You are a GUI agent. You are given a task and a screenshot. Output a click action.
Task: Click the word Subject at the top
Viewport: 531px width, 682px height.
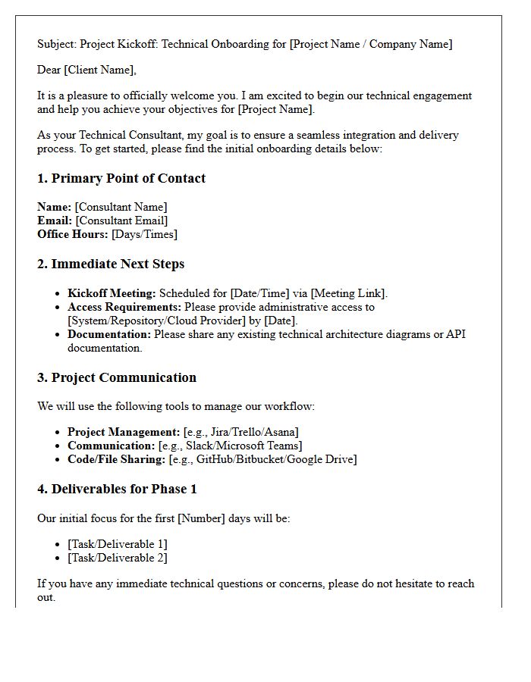(57, 44)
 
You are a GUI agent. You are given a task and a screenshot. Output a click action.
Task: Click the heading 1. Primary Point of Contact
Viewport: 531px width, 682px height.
(121, 179)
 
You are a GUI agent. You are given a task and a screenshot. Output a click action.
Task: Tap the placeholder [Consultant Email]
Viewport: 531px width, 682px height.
(121, 221)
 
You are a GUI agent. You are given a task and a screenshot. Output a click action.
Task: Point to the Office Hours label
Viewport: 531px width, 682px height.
(73, 234)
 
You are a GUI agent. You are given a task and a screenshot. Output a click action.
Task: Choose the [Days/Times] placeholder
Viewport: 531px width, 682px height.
(144, 234)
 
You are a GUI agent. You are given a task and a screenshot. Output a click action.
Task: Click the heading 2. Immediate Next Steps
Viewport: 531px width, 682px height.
(111, 264)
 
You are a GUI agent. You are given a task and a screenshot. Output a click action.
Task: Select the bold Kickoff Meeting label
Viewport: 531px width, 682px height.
(112, 293)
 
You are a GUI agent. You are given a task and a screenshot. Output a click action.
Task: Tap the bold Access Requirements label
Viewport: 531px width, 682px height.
(124, 307)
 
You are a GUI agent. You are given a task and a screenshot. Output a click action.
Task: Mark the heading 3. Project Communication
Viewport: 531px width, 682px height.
(117, 378)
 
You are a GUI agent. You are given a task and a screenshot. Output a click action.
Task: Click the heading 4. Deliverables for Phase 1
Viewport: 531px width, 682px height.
(117, 490)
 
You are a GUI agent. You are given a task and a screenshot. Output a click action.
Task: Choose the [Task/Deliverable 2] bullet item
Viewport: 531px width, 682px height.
(118, 558)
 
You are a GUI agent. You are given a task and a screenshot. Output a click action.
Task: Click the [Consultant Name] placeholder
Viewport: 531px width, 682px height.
(121, 207)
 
